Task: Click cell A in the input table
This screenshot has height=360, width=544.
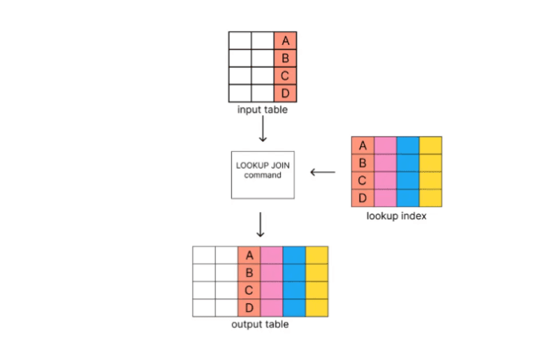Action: click(286, 40)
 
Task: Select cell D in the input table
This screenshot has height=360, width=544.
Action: click(286, 94)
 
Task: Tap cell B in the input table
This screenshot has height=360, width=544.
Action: click(286, 58)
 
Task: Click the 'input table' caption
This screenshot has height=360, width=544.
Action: click(262, 110)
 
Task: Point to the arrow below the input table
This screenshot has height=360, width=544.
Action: click(262, 130)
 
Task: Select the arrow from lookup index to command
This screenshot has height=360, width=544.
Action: click(323, 171)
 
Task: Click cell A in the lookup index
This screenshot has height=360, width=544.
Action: click(363, 145)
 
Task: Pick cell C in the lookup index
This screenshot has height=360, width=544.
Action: click(363, 180)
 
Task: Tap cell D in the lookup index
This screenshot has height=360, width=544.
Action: click(363, 198)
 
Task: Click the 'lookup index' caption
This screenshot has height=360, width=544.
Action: click(396, 216)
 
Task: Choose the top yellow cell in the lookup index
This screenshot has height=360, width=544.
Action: click(430, 145)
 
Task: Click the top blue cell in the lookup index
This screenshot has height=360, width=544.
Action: click(408, 145)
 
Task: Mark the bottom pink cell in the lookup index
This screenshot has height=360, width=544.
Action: click(386, 198)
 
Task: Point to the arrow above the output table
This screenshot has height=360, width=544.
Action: click(260, 226)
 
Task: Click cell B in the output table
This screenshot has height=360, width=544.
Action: click(249, 273)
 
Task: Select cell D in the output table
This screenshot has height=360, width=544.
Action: click(249, 307)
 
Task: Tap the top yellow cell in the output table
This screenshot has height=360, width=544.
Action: click(317, 255)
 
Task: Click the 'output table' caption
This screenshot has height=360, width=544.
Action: click(260, 324)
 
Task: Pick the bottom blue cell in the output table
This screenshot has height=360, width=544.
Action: click(294, 307)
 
